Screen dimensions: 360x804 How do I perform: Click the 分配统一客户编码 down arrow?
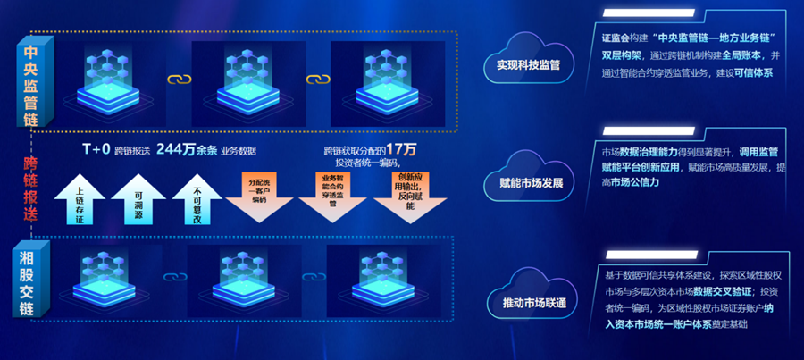point(259,194)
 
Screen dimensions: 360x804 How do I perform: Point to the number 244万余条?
point(188,149)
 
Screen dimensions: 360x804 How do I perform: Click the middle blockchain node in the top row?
point(236,79)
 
